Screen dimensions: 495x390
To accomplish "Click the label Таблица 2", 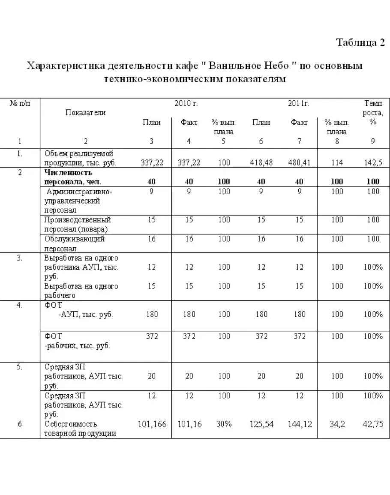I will coord(360,43).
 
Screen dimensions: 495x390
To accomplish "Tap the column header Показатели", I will coord(85,112).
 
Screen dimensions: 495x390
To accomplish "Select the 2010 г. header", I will coord(185,103).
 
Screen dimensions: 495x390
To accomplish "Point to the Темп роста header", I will coord(373,112).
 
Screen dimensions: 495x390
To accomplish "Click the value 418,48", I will coord(261,162).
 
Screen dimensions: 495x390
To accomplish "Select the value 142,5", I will coord(373,162).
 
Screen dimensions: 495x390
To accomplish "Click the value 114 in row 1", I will coord(337,162).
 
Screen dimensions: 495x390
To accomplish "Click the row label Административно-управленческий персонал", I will coord(78,201).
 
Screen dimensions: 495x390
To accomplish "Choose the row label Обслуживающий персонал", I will coord(75,243).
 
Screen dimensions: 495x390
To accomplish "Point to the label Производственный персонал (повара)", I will coord(78,224).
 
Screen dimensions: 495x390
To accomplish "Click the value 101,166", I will coord(152,424).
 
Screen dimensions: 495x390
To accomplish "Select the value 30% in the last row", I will coord(224,424).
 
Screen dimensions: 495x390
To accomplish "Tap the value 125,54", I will coord(261,424).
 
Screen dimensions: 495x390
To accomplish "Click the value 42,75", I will coord(373,424).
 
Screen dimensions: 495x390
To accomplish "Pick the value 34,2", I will coord(337,424).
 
